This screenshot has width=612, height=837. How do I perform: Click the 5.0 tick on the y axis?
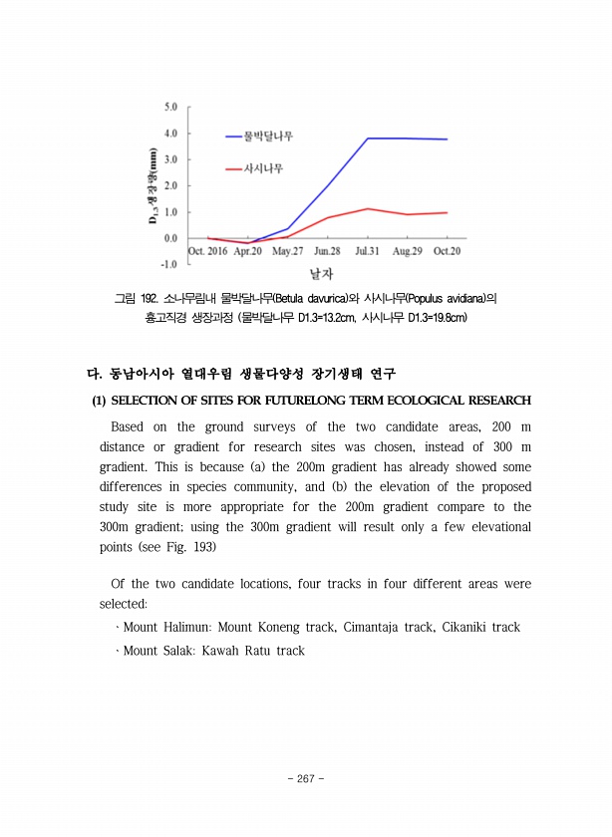tap(170, 106)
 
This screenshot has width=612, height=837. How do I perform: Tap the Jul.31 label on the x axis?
tap(369, 251)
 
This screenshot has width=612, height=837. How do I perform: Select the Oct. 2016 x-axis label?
tap(208, 251)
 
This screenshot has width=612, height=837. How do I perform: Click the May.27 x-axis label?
tap(288, 251)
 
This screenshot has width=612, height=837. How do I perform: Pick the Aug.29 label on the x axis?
tap(407, 251)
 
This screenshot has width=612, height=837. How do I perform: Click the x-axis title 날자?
tap(321, 272)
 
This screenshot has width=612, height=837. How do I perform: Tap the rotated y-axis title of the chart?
tap(153, 185)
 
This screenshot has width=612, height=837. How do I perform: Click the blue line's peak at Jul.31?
tap(368, 139)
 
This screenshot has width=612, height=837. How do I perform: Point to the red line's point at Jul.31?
tap(368, 209)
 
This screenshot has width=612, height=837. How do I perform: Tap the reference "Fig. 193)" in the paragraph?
tap(188, 547)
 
